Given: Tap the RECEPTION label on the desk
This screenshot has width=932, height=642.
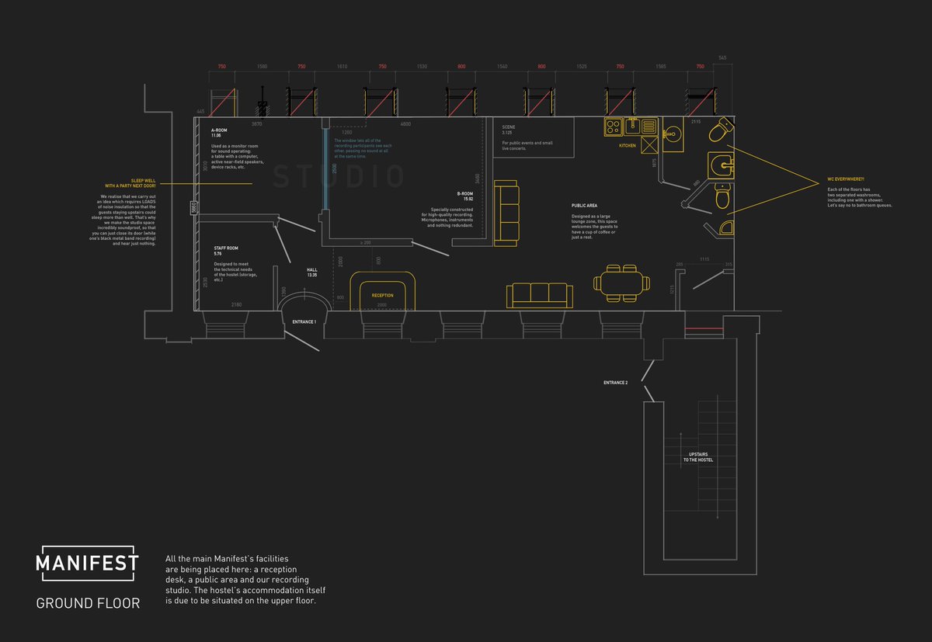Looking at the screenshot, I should pos(382,296).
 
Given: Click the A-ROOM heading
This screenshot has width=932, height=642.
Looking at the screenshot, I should pos(219,130).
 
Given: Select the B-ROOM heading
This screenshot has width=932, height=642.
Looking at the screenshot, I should pos(464,193).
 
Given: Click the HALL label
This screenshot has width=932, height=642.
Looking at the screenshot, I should pos(313,270).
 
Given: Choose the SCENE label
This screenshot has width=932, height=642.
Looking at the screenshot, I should pos(509,127).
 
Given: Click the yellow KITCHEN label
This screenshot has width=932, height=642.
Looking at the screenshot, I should pos(628,146).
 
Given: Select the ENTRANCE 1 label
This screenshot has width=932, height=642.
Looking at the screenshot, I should pos(304,321).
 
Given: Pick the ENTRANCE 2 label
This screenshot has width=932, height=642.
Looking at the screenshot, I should pos(615,383).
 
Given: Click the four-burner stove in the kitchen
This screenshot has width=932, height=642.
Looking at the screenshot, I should pos(612,126).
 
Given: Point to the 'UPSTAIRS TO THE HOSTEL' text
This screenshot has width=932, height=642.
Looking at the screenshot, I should pos(697,457).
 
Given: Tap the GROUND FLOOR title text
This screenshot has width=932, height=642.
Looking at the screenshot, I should pos(88,602).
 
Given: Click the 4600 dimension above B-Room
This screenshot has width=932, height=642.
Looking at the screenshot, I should pos(405,124).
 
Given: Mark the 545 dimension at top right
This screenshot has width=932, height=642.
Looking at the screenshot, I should pos(722,58).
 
